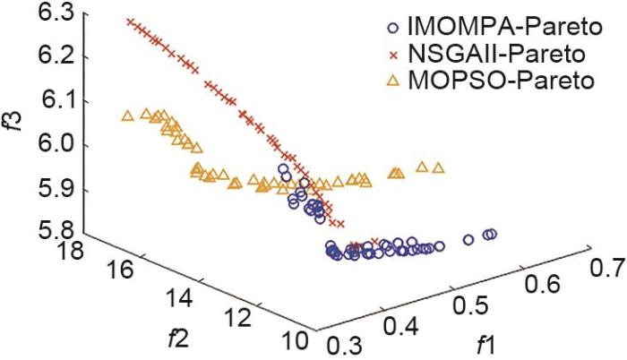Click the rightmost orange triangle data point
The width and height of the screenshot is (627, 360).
tap(438, 167)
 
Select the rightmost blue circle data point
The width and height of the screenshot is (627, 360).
tap(491, 235)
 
